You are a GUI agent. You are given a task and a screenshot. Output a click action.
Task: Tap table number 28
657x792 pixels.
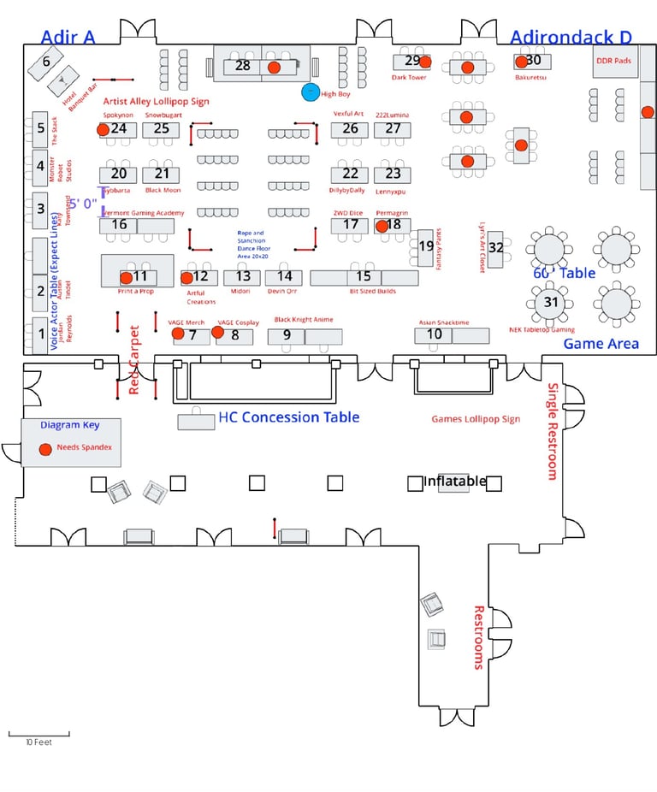tap(243, 65)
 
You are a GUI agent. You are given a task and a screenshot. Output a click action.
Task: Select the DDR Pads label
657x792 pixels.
tap(613, 61)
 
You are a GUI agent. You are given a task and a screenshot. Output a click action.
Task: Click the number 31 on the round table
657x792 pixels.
tap(551, 301)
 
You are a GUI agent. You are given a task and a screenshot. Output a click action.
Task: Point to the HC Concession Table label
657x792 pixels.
tap(288, 417)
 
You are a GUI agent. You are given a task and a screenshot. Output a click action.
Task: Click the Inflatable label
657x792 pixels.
tap(455, 481)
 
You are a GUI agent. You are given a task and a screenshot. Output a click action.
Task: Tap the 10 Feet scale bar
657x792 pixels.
tap(38, 735)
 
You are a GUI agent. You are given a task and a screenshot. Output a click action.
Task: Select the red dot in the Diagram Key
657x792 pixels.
tap(44, 449)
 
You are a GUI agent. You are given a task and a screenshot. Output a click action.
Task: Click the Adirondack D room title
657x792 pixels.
tap(571, 37)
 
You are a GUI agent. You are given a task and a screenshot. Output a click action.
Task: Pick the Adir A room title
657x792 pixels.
tap(68, 36)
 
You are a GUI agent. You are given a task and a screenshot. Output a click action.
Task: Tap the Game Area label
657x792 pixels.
tap(601, 344)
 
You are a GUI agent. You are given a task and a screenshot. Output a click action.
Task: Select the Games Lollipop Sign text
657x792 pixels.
tap(476, 419)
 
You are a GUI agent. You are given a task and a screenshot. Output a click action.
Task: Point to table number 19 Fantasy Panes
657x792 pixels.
tap(425, 246)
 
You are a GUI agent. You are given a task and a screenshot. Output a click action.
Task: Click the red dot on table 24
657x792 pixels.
tap(103, 129)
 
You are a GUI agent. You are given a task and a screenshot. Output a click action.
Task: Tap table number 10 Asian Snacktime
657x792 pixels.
tap(435, 334)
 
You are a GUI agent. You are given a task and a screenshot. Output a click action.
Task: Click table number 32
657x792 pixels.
tap(495, 246)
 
